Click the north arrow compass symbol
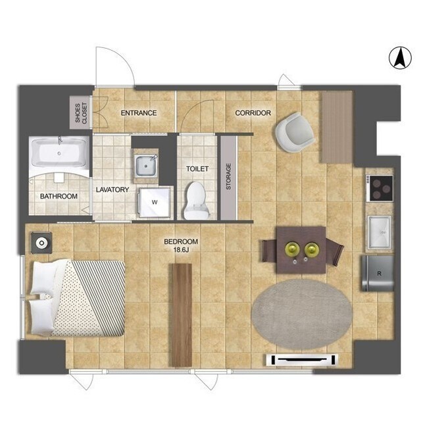pyautogui.click(x=400, y=58)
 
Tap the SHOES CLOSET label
pyautogui.click(x=81, y=113)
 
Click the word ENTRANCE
pyautogui.click(x=139, y=113)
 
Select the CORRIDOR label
pyautogui.click(x=253, y=113)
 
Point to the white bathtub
pyautogui.click(x=60, y=153)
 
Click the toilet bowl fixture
pyautogui.click(x=196, y=200)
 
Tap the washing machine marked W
pyautogui.click(x=155, y=202)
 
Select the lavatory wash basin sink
pyautogui.click(x=146, y=166)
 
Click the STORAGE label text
pyautogui.click(x=228, y=176)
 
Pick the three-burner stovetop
pyautogui.click(x=381, y=188)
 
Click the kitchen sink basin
pyautogui.click(x=380, y=232)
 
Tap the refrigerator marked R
pyautogui.click(x=378, y=274)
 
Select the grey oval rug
pyautogui.click(x=302, y=314)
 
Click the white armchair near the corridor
pyautogui.click(x=295, y=132)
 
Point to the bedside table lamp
pyautogui.click(x=41, y=243)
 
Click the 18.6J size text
pyautogui.click(x=182, y=250)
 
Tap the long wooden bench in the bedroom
pyautogui.click(x=182, y=315)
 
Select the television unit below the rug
pyautogui.click(x=302, y=360)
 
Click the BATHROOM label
pyautogui.click(x=59, y=196)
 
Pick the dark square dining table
pyautogui.click(x=301, y=250)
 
